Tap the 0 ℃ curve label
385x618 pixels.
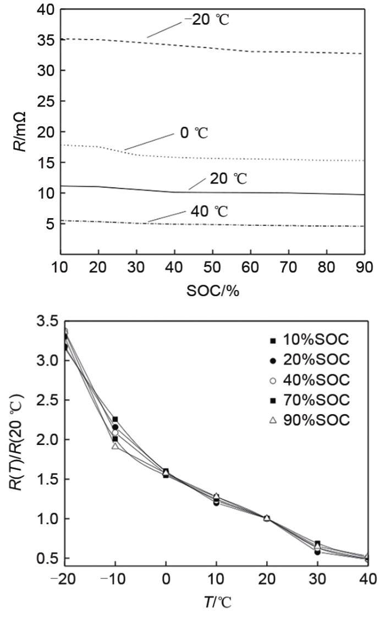194,133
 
